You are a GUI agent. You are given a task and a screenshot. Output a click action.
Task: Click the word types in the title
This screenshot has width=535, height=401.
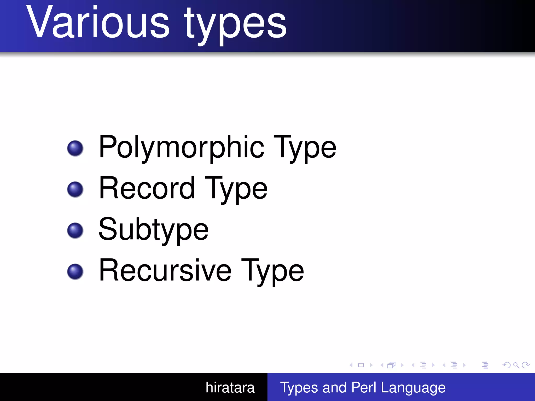(235, 25)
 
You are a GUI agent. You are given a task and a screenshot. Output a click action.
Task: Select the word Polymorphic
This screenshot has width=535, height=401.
(182, 148)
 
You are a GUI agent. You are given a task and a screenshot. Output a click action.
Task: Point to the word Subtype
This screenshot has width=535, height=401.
(154, 230)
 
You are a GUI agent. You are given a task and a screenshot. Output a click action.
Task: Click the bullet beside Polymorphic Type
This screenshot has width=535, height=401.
(75, 148)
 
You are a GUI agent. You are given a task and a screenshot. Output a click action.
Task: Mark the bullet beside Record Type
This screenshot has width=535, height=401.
(75, 189)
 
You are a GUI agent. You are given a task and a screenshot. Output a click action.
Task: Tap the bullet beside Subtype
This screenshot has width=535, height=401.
(75, 230)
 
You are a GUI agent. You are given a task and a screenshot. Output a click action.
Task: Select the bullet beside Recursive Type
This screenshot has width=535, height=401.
(75, 272)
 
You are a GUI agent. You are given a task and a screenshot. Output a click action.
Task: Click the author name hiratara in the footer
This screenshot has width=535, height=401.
(230, 387)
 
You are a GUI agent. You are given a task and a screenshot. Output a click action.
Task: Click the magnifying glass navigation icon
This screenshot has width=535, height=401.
(516, 365)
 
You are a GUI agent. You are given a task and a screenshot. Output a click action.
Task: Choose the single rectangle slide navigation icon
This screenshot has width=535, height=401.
(361, 365)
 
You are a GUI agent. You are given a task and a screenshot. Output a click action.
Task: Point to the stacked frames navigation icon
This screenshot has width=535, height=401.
(391, 365)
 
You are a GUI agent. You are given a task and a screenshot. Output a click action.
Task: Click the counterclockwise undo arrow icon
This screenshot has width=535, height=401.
(506, 365)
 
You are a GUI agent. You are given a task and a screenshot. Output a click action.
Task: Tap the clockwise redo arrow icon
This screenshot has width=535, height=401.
(526, 365)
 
